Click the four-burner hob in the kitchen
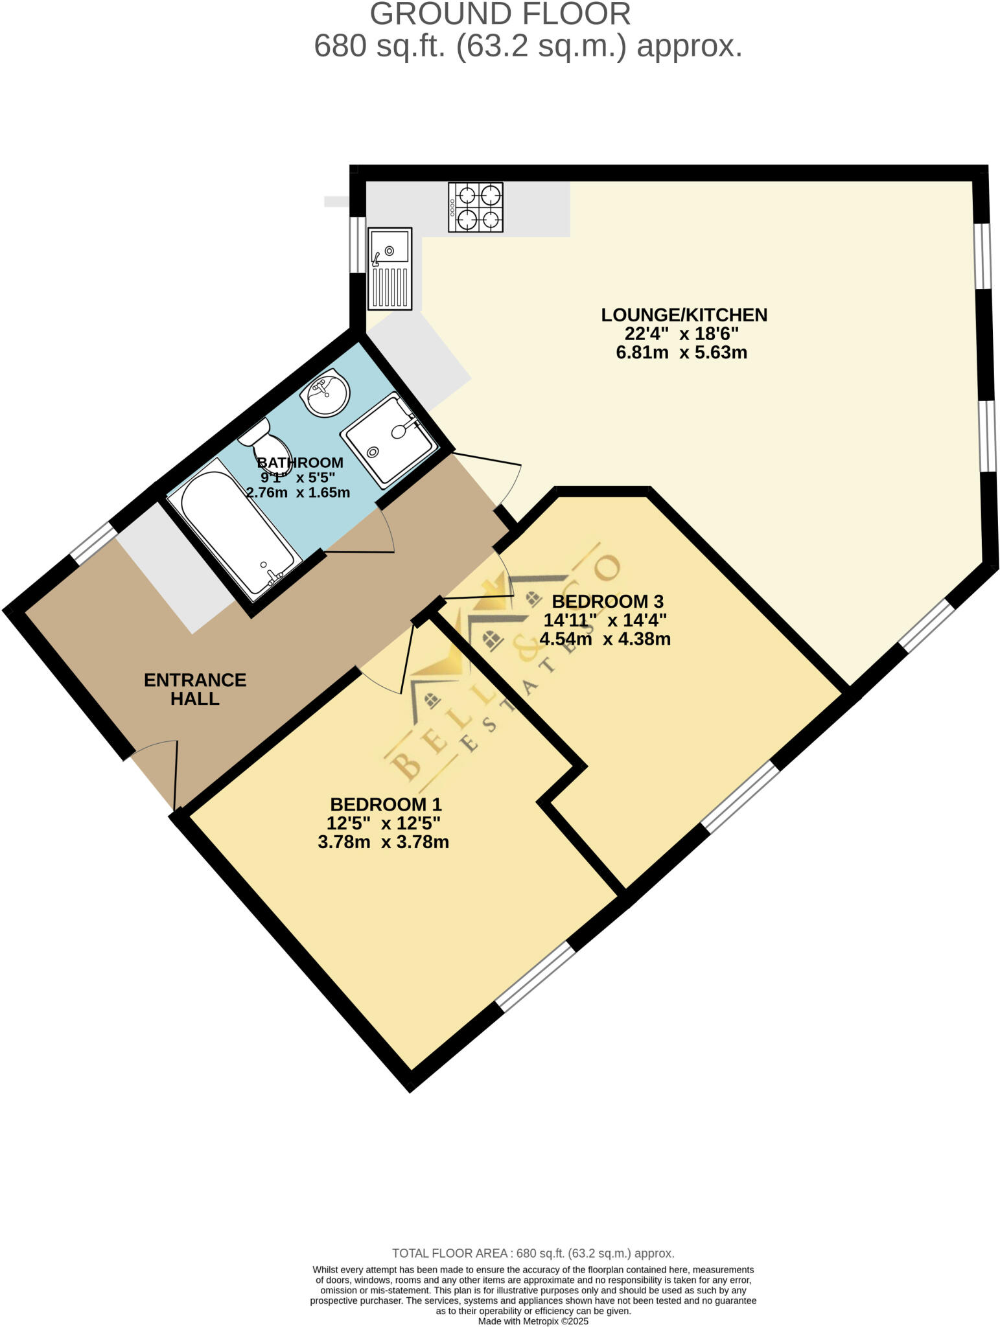[475, 207]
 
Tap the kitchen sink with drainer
[390, 268]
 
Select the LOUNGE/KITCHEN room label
[684, 315]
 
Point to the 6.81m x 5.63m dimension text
[681, 353]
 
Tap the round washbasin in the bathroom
[327, 393]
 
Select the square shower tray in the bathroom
[388, 439]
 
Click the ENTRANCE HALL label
[194, 689]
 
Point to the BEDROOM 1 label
[386, 804]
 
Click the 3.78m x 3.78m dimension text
[383, 842]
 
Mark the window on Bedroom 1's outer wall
[535, 976]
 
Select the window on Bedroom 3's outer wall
[740, 797]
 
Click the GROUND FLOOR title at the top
[500, 14]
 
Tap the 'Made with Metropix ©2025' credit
[533, 1321]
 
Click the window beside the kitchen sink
[357, 244]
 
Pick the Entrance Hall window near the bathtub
[93, 543]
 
